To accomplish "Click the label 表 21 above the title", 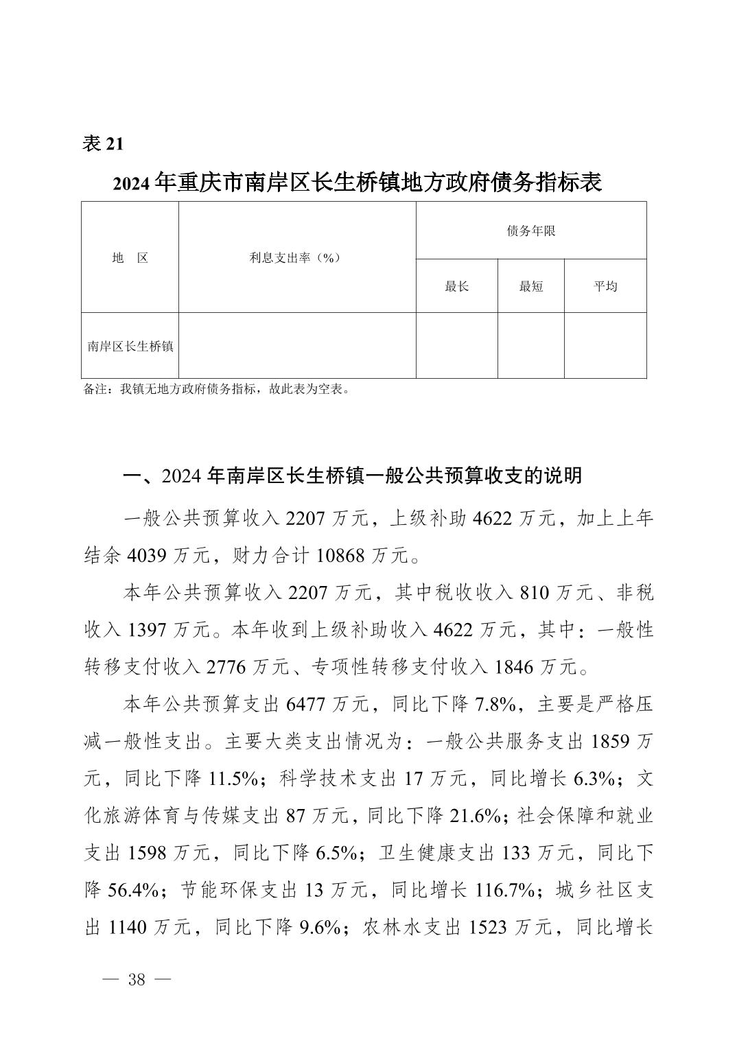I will tap(103, 144).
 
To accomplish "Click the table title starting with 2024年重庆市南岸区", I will tap(358, 183).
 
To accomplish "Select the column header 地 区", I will tap(130, 258).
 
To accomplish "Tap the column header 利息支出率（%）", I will tap(296, 258).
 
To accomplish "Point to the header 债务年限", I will tap(530, 231).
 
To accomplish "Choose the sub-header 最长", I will tap(456, 286).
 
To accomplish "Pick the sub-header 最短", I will tap(530, 286).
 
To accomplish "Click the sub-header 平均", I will tap(605, 286).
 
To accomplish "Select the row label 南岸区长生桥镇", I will tap(130, 346).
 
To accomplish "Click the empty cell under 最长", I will tap(456, 345).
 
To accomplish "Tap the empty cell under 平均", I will tap(605, 345).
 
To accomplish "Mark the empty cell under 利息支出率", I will tap(296, 345).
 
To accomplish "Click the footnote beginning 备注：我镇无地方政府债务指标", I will tap(218, 390).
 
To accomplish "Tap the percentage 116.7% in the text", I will tap(506, 891).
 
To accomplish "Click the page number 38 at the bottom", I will tap(137, 979).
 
